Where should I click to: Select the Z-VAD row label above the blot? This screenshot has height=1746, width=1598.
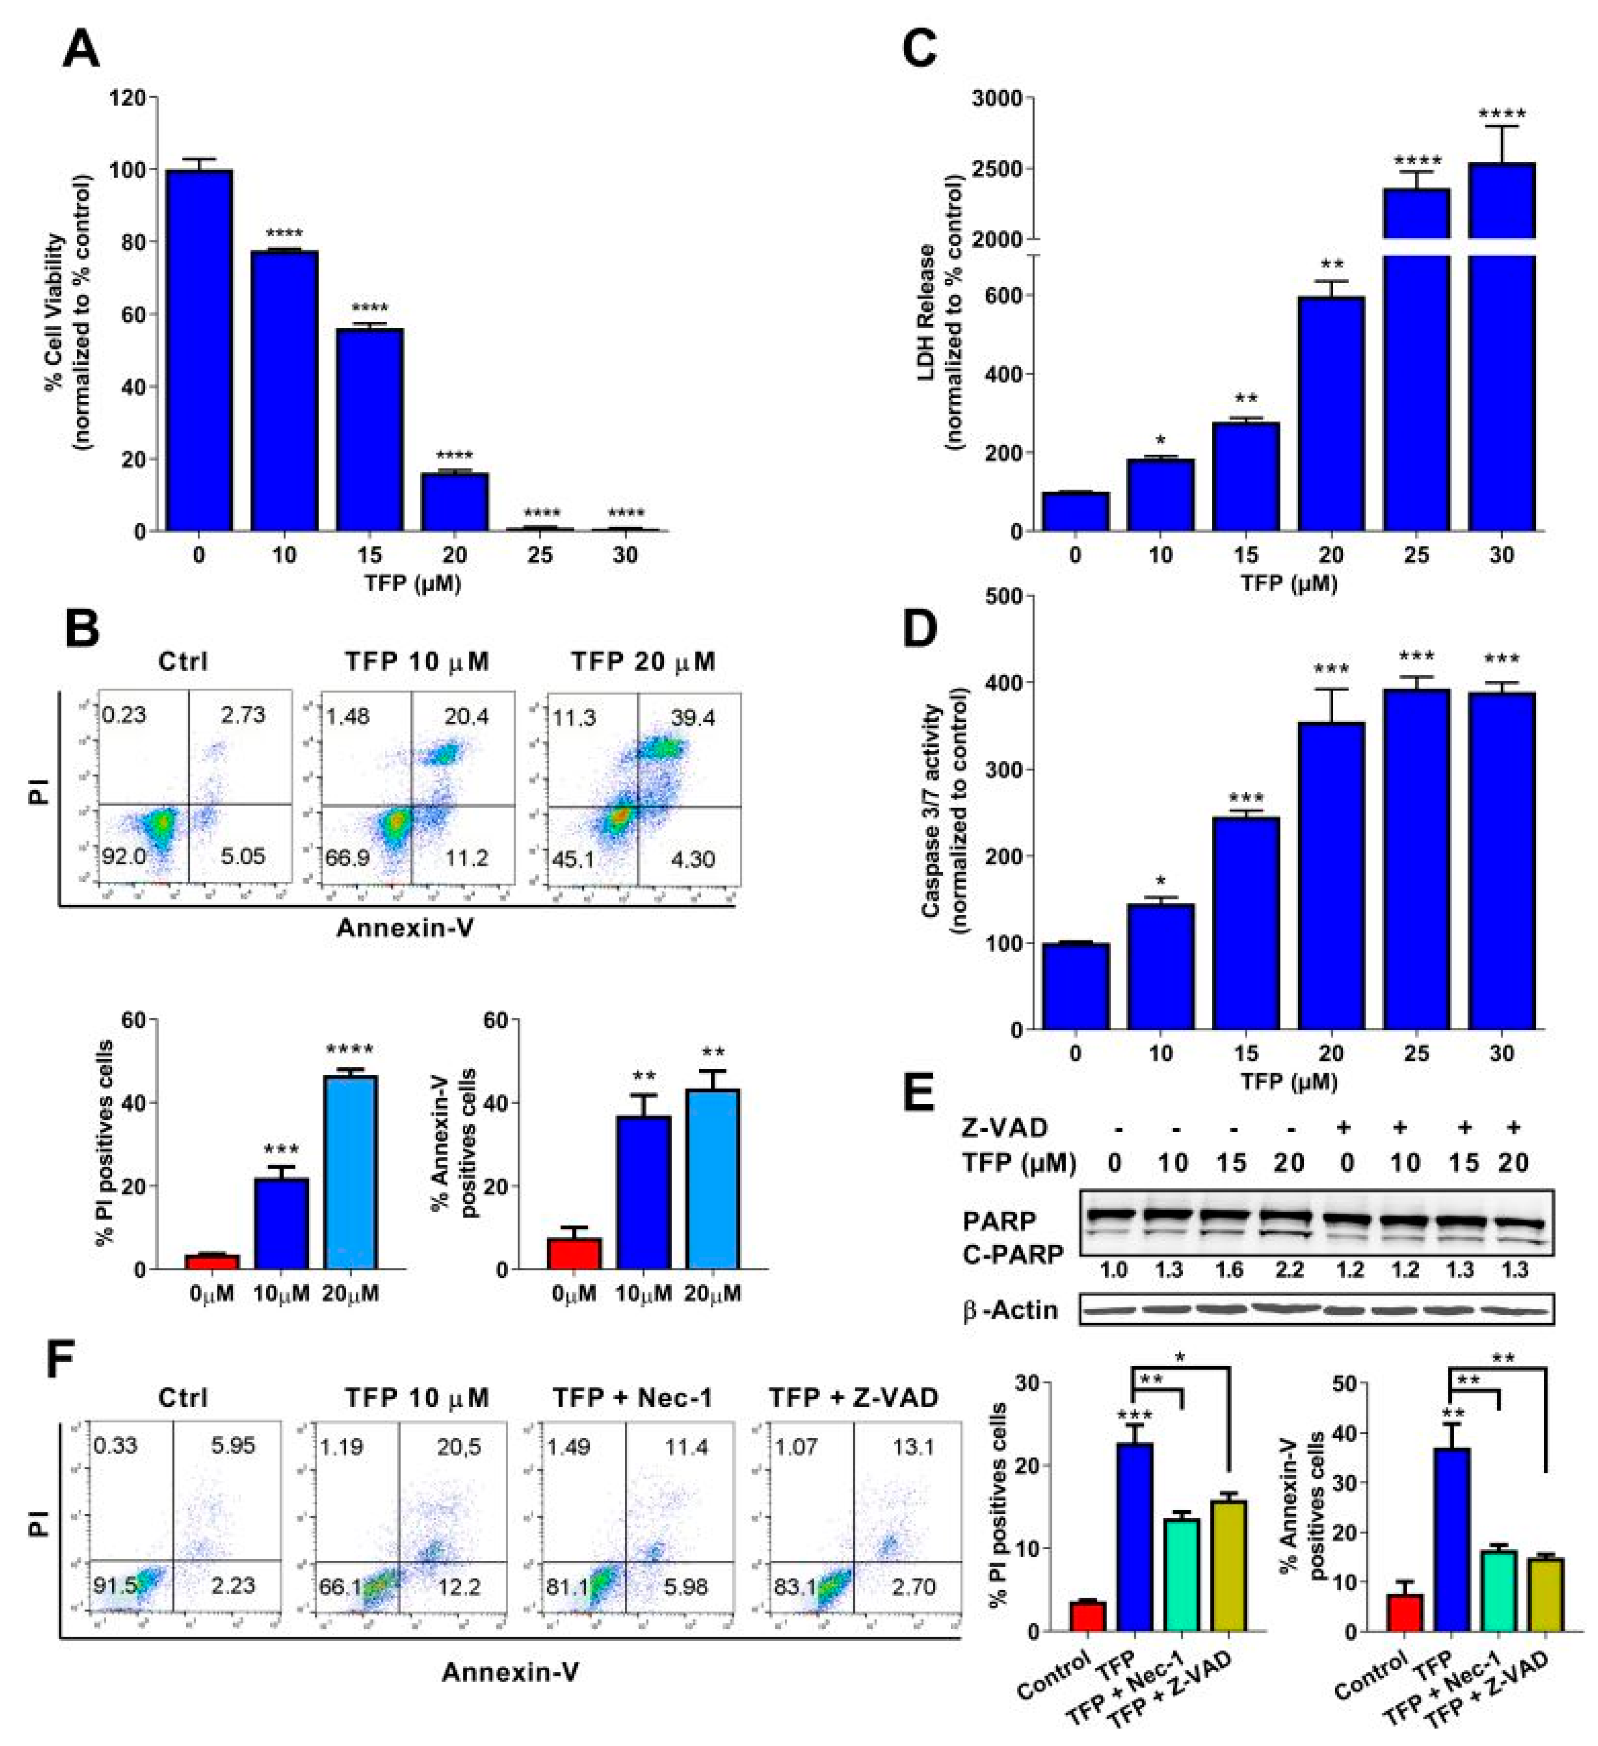[x=1004, y=1128]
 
